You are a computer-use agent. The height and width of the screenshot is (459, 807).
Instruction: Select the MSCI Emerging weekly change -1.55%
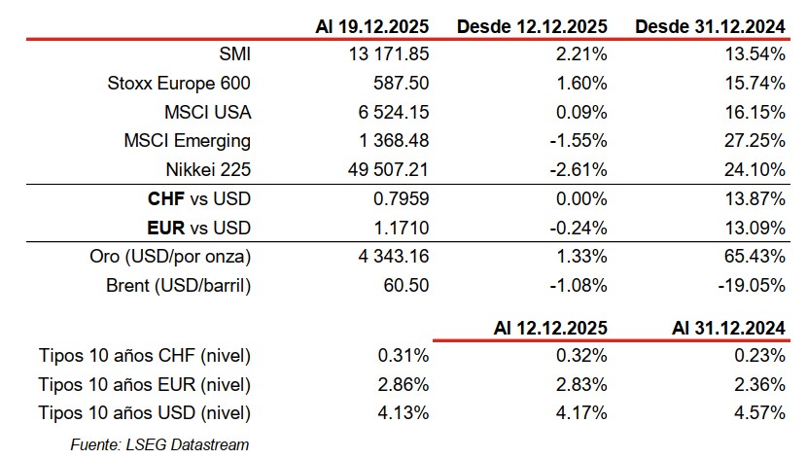[x=579, y=140]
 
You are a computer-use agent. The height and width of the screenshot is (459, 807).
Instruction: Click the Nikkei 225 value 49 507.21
[x=383, y=169]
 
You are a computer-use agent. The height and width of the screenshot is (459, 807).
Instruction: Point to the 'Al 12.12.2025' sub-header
[x=547, y=328]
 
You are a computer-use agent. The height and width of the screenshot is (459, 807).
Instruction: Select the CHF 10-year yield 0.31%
[x=404, y=356]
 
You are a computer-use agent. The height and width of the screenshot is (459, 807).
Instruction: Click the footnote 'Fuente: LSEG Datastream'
[x=160, y=444]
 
